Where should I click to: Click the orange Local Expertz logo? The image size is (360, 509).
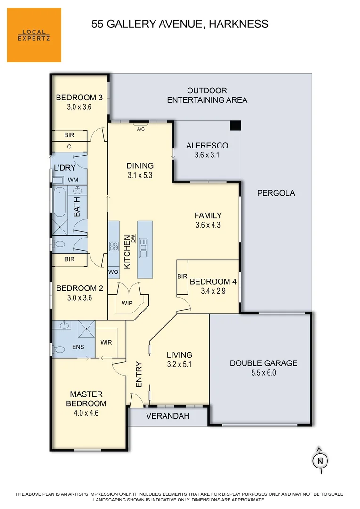(34, 35)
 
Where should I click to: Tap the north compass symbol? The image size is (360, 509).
(320, 460)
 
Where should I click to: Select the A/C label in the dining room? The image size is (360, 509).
(140, 129)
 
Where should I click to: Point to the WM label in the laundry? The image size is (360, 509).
(73, 180)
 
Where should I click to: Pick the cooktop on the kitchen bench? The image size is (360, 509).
(114, 246)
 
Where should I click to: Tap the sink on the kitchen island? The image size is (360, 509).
(143, 247)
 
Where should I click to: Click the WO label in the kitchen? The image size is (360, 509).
(113, 272)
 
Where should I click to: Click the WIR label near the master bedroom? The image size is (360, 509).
(106, 342)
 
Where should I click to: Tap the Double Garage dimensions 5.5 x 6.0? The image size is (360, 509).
(263, 372)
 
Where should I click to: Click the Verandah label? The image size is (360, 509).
(167, 416)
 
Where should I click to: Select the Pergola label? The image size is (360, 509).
(276, 193)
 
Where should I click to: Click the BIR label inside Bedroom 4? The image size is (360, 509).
(182, 277)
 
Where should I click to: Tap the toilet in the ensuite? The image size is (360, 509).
(58, 350)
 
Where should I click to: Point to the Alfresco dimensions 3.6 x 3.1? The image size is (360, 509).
(207, 155)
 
